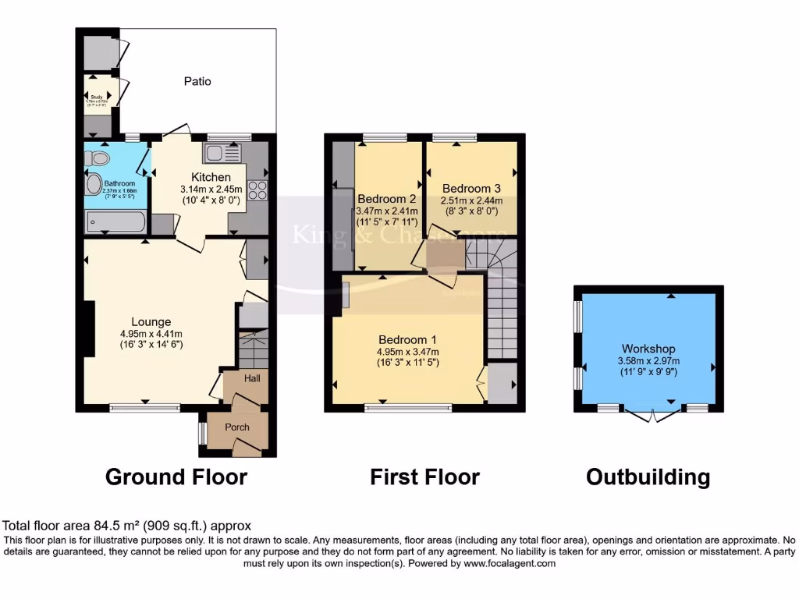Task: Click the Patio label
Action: pos(197,81)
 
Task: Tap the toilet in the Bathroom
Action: pos(98,158)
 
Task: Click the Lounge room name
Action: pos(151,321)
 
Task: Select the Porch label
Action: pos(237,427)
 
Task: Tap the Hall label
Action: pos(252,378)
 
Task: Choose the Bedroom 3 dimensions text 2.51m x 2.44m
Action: pos(470,201)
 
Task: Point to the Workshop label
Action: pos(648,349)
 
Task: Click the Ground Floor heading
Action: pos(176,477)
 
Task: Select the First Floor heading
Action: pos(424,477)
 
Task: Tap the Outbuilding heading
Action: pos(648,477)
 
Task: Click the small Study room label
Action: pos(97,97)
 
